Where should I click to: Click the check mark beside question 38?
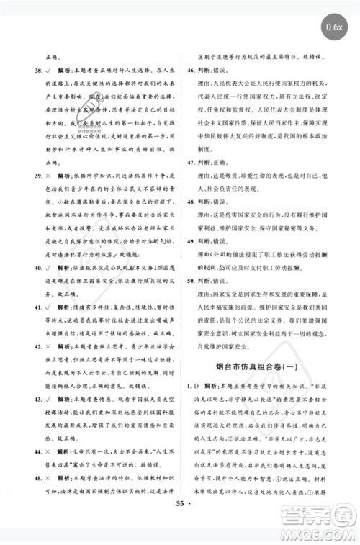click(x=45, y=71)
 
